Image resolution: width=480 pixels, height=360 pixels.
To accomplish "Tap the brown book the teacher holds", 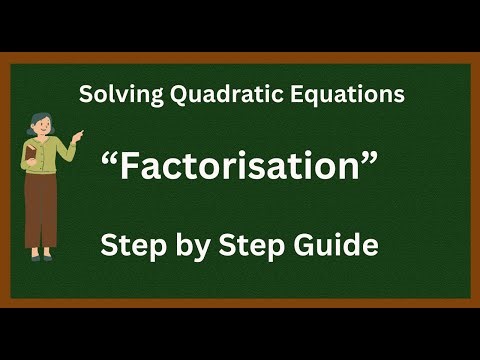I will [x=31, y=156].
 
